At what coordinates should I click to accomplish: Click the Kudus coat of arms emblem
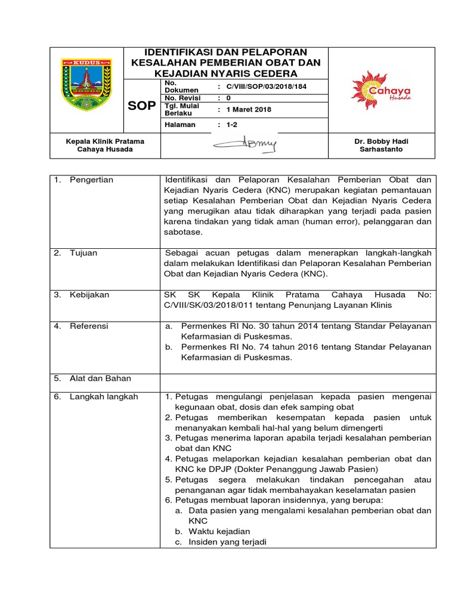(86, 84)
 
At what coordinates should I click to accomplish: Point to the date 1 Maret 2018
(249, 110)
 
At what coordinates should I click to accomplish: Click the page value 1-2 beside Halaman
(231, 125)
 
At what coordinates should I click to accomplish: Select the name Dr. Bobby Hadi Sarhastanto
(381, 145)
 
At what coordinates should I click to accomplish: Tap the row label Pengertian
(91, 180)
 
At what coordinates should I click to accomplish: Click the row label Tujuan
(83, 253)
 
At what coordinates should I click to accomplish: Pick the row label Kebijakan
(89, 295)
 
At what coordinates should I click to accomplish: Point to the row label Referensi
(89, 326)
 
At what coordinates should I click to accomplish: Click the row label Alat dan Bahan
(100, 378)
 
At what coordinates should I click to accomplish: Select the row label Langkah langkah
(103, 397)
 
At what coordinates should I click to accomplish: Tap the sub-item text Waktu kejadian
(219, 531)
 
